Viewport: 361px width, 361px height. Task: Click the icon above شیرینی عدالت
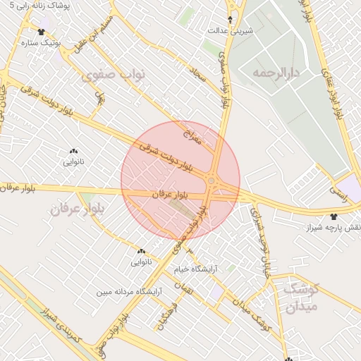pos(230,19)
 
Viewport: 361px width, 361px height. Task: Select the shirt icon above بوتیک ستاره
pos(41,32)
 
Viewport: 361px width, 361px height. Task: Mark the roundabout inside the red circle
pos(211,183)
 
